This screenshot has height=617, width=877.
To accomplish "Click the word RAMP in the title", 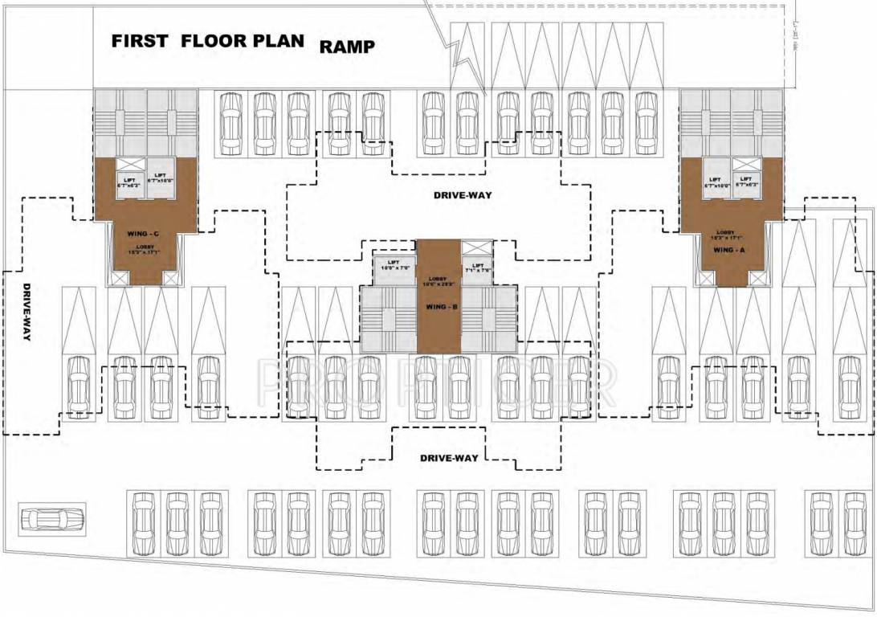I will click(x=347, y=47).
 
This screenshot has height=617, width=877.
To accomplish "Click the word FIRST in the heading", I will click(x=140, y=41).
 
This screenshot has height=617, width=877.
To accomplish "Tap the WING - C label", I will click(x=144, y=234).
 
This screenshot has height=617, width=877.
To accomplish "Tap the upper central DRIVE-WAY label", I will click(x=462, y=195).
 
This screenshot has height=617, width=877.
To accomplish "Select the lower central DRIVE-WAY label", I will click(x=449, y=458).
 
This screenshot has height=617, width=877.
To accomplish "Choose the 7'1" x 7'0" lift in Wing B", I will click(x=477, y=267).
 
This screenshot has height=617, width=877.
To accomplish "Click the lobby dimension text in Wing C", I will click(x=145, y=251).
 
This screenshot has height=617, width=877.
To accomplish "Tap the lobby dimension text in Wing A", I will click(x=730, y=237).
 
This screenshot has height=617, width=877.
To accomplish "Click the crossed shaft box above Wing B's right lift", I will click(x=477, y=248).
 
